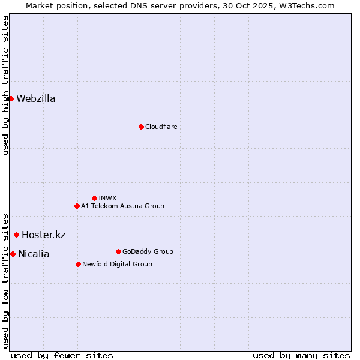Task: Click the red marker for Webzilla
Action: pos(11,98)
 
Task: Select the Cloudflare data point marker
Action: pos(141,127)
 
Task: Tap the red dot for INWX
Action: pos(94,198)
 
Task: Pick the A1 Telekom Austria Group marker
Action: pos(77,206)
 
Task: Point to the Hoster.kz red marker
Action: pos(16,235)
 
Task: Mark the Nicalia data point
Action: pos(13,254)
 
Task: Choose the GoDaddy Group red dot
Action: pos(118,251)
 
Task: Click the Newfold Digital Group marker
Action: pos(78,264)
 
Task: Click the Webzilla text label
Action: pos(36,99)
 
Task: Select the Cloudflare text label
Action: pos(161,127)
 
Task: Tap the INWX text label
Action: pos(107,198)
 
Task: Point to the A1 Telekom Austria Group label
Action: pos(122,206)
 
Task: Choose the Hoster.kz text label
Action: pos(43,235)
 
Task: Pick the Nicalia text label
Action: pos(34,254)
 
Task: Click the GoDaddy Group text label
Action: pos(148,251)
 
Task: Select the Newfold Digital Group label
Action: pos(117,264)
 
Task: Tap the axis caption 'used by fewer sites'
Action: pos(62,355)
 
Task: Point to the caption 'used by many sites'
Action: pos(301,355)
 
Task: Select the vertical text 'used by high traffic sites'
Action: pos(5,85)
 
